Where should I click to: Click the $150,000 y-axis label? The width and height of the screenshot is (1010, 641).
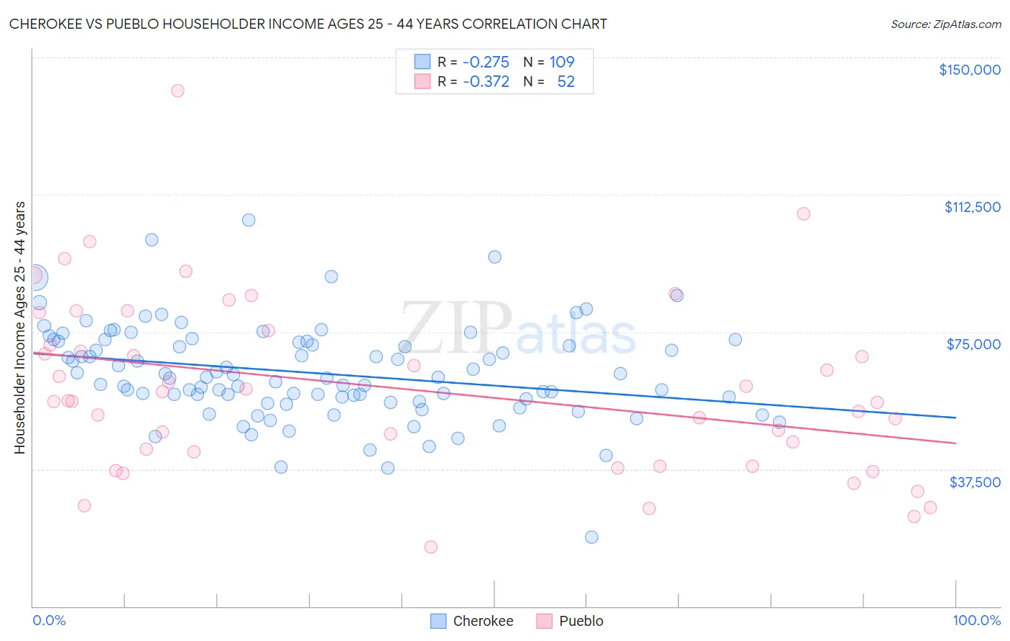pyautogui.click(x=969, y=70)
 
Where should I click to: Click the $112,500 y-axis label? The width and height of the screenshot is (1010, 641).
pyautogui.click(x=972, y=207)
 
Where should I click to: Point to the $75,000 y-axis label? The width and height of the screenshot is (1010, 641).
pyautogui.click(x=973, y=344)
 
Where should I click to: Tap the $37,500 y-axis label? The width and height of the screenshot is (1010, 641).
pyautogui.click(x=975, y=482)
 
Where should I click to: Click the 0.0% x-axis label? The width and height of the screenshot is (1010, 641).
pyautogui.click(x=49, y=621)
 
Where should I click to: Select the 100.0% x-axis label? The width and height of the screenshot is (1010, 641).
pyautogui.click(x=976, y=621)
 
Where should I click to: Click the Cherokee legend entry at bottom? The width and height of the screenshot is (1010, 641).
pyautogui.click(x=472, y=621)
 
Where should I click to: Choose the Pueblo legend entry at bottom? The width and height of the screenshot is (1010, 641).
pyautogui.click(x=570, y=621)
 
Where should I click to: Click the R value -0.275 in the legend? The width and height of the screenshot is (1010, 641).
pyautogui.click(x=486, y=62)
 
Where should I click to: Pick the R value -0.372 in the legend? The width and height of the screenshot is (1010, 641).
pyautogui.click(x=486, y=82)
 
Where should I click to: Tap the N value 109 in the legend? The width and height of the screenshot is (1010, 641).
pyautogui.click(x=562, y=62)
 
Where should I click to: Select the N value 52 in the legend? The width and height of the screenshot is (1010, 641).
pyautogui.click(x=566, y=82)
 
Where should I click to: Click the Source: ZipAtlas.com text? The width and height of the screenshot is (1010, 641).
pyautogui.click(x=945, y=24)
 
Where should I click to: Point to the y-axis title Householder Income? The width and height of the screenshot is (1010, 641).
pyautogui.click(x=19, y=328)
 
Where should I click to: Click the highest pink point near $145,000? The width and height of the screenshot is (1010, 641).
pyautogui.click(x=177, y=91)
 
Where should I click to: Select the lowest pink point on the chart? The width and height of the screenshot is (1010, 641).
pyautogui.click(x=431, y=547)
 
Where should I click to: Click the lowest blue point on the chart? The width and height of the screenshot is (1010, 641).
pyautogui.click(x=592, y=537)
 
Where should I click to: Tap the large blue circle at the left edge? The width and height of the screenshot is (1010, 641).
pyautogui.click(x=34, y=277)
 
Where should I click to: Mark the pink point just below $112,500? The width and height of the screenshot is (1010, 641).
pyautogui.click(x=803, y=213)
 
